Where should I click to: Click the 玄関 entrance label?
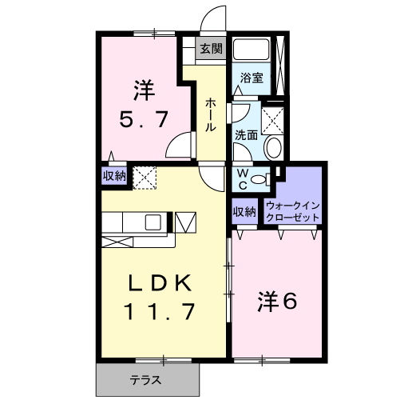[x=211, y=50]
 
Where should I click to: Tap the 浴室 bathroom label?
[x=252, y=78]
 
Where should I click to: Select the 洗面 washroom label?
[x=246, y=134]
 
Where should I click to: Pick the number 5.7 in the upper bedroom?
[x=144, y=120]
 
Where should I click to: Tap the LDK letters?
[x=160, y=283]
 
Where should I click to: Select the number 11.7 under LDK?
[x=160, y=311]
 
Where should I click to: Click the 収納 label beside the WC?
[x=244, y=211]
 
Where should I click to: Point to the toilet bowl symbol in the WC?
[x=260, y=180]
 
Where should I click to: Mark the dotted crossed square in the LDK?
[x=144, y=176]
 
